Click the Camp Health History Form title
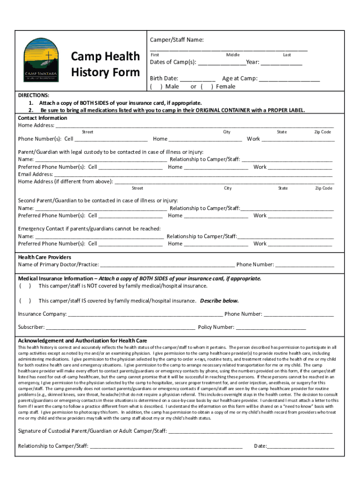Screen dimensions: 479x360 (x=105, y=64)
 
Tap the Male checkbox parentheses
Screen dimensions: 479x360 (x=156, y=87)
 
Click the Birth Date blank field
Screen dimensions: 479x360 (x=197, y=79)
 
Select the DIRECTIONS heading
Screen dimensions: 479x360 (x=34, y=95)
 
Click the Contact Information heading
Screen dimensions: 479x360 (x=43, y=118)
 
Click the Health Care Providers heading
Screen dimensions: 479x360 (x=44, y=257)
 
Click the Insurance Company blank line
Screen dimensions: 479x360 (x=145, y=314)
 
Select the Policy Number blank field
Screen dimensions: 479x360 (x=271, y=327)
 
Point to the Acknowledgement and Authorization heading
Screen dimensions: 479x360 (x=82, y=341)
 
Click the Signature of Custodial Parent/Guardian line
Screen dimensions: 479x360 (x=250, y=431)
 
